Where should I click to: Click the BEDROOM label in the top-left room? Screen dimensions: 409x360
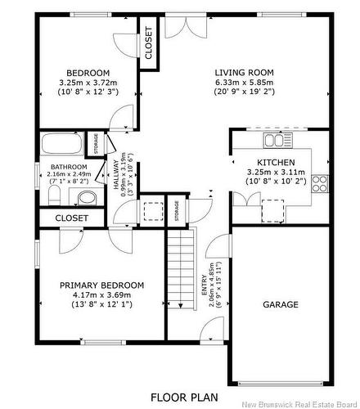[88, 72]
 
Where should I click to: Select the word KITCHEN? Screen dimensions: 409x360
[276, 162]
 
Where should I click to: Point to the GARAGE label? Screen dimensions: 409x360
[280, 304]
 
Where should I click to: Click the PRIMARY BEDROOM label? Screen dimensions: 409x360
[101, 285]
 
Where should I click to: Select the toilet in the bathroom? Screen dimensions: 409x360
[54, 196]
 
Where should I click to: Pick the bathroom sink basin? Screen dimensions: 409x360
[84, 197]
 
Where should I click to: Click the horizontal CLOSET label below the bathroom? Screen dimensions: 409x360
[73, 218]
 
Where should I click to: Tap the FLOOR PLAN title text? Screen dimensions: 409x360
[184, 397]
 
